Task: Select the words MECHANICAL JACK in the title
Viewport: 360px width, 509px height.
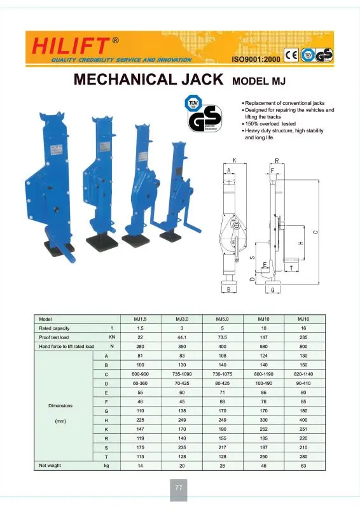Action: [148, 80]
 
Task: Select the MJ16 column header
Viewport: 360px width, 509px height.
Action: [303, 318]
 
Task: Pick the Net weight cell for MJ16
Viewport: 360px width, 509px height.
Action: [303, 466]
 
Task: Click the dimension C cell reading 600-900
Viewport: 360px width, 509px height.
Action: [140, 373]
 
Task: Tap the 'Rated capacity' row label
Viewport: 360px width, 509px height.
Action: [54, 328]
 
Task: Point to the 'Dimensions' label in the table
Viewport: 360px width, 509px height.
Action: [60, 405]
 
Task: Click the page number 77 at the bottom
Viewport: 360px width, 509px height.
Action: [179, 488]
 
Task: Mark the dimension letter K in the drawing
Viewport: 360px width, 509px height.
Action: [235, 162]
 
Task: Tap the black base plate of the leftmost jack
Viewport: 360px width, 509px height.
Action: [58, 246]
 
